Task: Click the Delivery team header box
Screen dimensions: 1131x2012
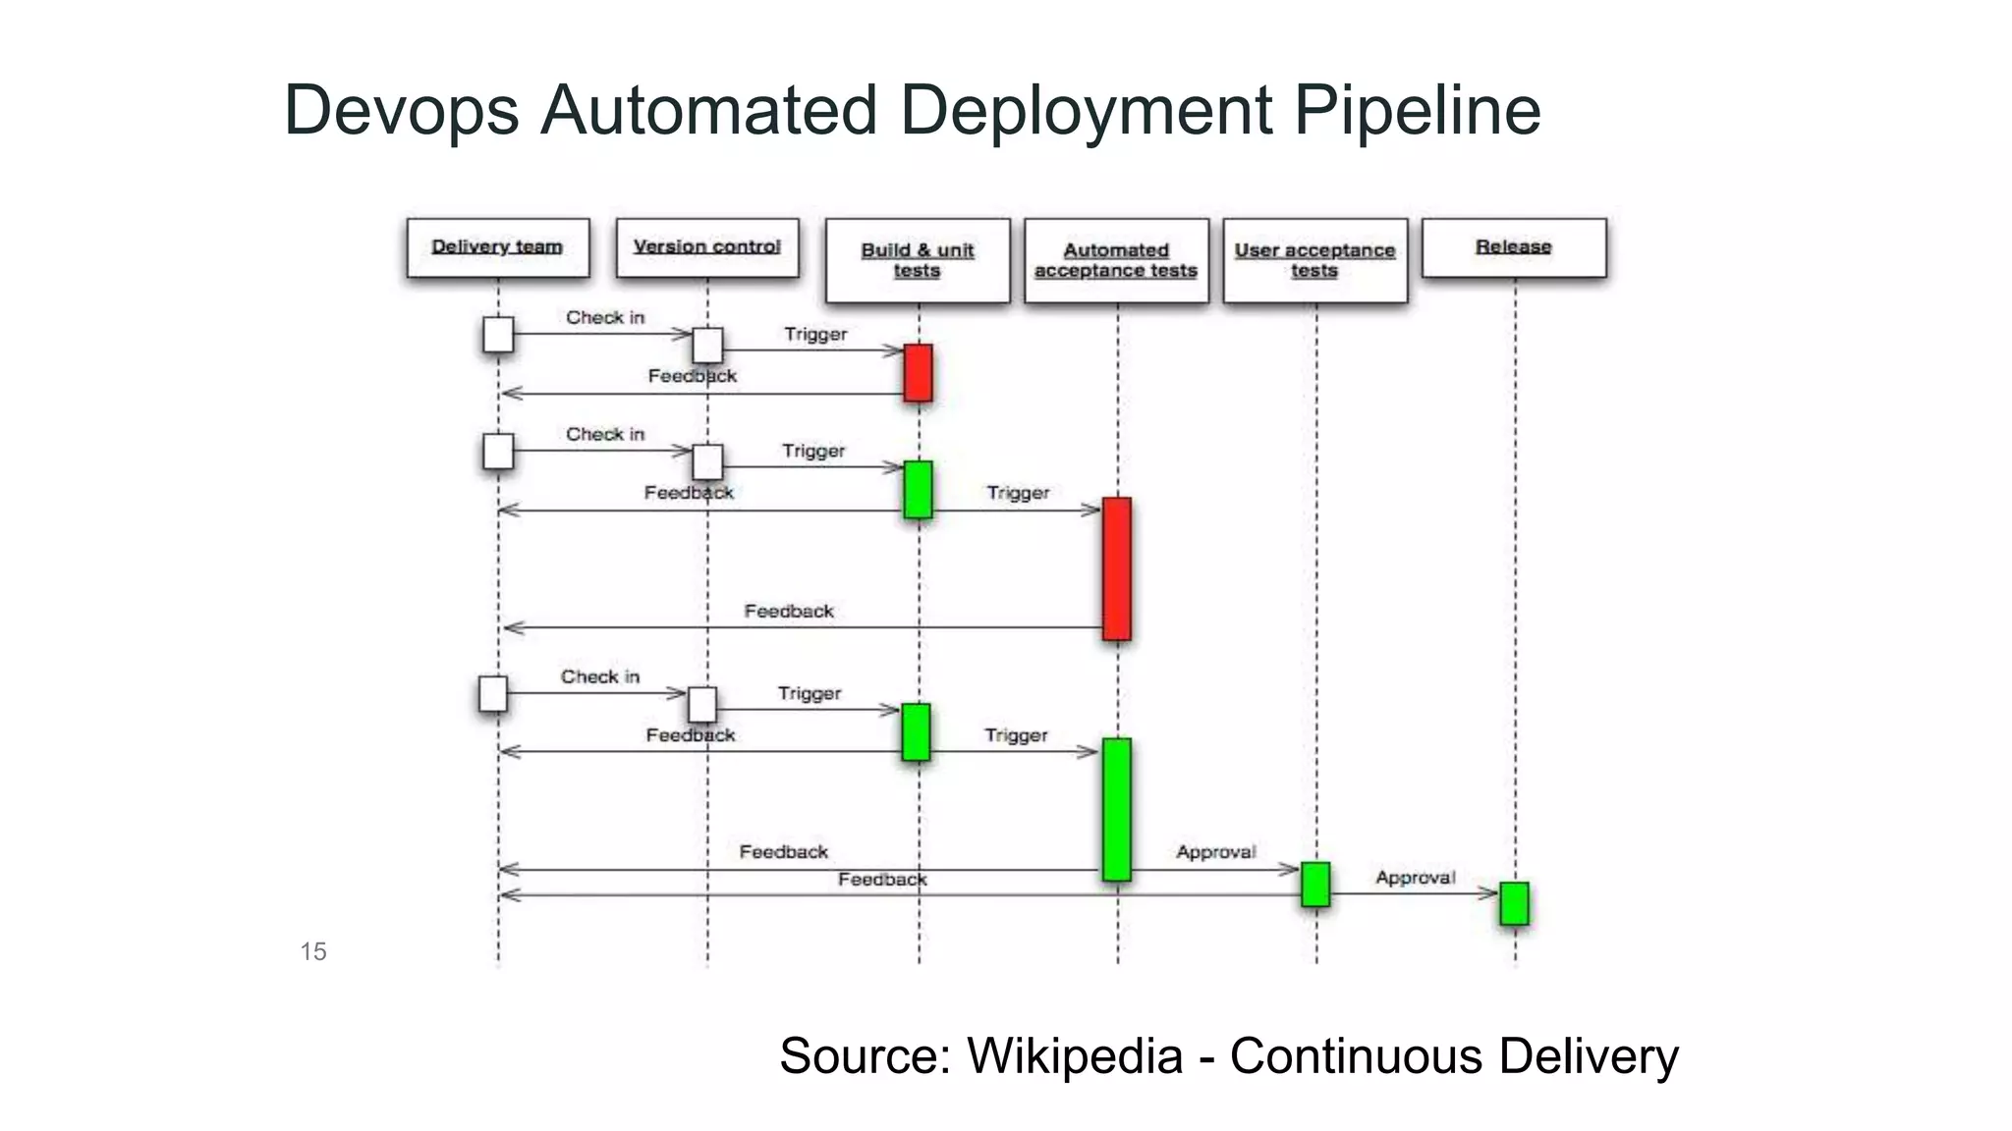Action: [x=498, y=247]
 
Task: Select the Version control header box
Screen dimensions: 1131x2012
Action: [x=707, y=247]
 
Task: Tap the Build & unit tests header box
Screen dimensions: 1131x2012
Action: [x=918, y=260]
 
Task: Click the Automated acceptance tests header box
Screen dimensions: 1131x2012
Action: [x=1116, y=260]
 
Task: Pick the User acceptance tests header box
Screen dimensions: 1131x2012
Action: [x=1314, y=260]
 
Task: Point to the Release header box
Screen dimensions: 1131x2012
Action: [x=1514, y=247]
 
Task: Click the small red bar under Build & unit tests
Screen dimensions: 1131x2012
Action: [x=918, y=372]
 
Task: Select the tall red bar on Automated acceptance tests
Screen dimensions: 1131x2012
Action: [x=1117, y=568]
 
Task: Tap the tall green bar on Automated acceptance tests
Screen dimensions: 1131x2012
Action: [x=1117, y=809]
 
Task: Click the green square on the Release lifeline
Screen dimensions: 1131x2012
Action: [x=1514, y=903]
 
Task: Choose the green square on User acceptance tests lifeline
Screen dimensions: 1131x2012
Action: [x=1315, y=884]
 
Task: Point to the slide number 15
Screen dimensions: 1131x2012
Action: [x=313, y=951]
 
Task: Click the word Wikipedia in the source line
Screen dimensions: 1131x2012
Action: [x=1075, y=1056]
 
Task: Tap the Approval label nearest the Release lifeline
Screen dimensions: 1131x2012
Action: [x=1415, y=878]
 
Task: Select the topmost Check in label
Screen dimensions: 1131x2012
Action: [x=605, y=317]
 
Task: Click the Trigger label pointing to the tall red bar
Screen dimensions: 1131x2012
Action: [x=1018, y=493]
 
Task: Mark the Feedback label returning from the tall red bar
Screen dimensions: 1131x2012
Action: [x=789, y=611]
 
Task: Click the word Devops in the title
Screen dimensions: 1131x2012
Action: [x=401, y=110]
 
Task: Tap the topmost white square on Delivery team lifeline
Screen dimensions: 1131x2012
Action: [x=498, y=335]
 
